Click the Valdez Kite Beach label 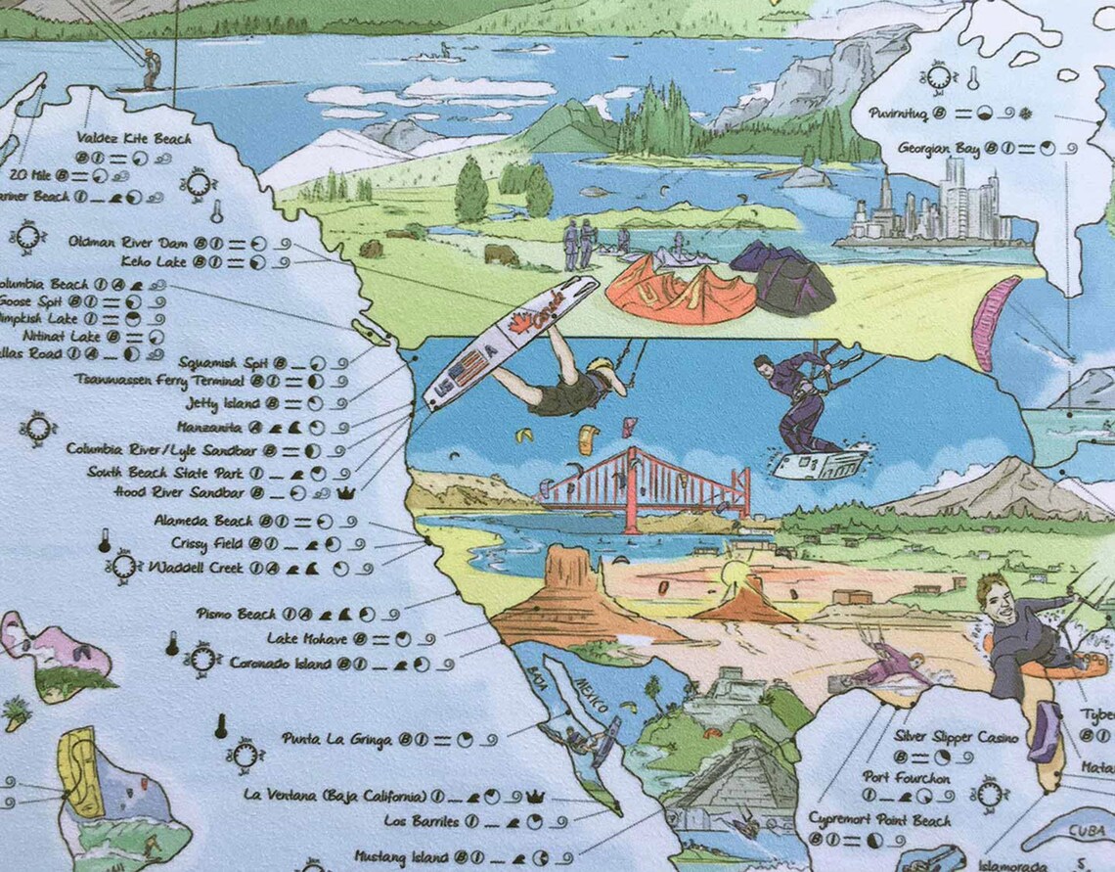134,139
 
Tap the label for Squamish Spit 218,362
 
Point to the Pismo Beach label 236,615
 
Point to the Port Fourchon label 907,778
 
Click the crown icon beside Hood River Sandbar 345,493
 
